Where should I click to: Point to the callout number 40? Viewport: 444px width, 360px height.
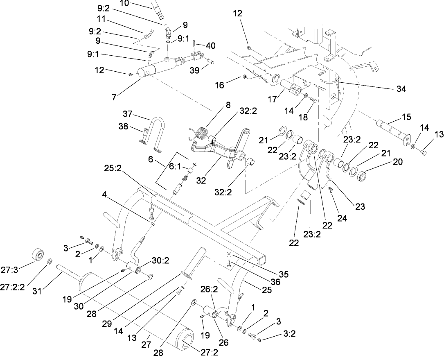(x=211, y=46)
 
